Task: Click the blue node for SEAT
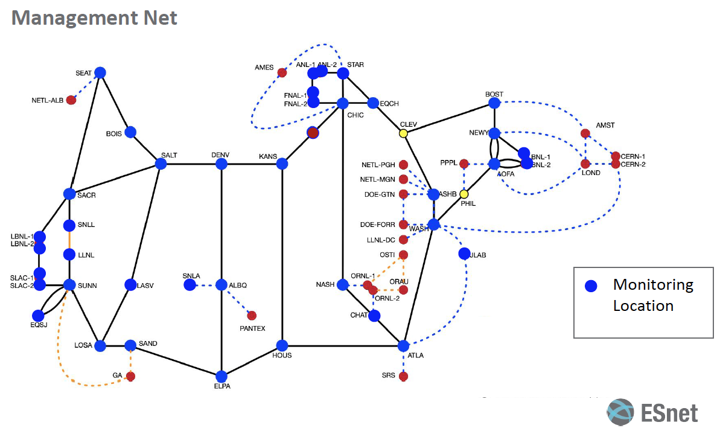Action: pyautogui.click(x=100, y=72)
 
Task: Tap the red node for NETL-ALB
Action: pyautogui.click(x=71, y=100)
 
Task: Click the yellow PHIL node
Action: pyautogui.click(x=464, y=194)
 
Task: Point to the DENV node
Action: pyautogui.click(x=222, y=164)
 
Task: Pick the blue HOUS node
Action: pyautogui.click(x=282, y=345)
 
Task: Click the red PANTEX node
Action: pyautogui.click(x=252, y=315)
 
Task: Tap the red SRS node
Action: pyautogui.click(x=404, y=376)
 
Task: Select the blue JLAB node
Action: pyautogui.click(x=464, y=254)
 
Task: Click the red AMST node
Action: pyautogui.click(x=585, y=133)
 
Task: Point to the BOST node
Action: pyautogui.click(x=494, y=103)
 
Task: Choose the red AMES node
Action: pyautogui.click(x=282, y=73)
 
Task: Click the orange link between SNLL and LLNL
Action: pyautogui.click(x=69, y=240)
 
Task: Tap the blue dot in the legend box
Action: pyautogui.click(x=591, y=286)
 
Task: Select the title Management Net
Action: pyautogui.click(x=95, y=18)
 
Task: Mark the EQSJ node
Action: pyautogui.click(x=39, y=315)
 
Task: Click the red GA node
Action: pyautogui.click(x=130, y=376)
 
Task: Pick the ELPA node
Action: pyautogui.click(x=222, y=376)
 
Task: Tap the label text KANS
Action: pyautogui.click(x=267, y=156)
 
